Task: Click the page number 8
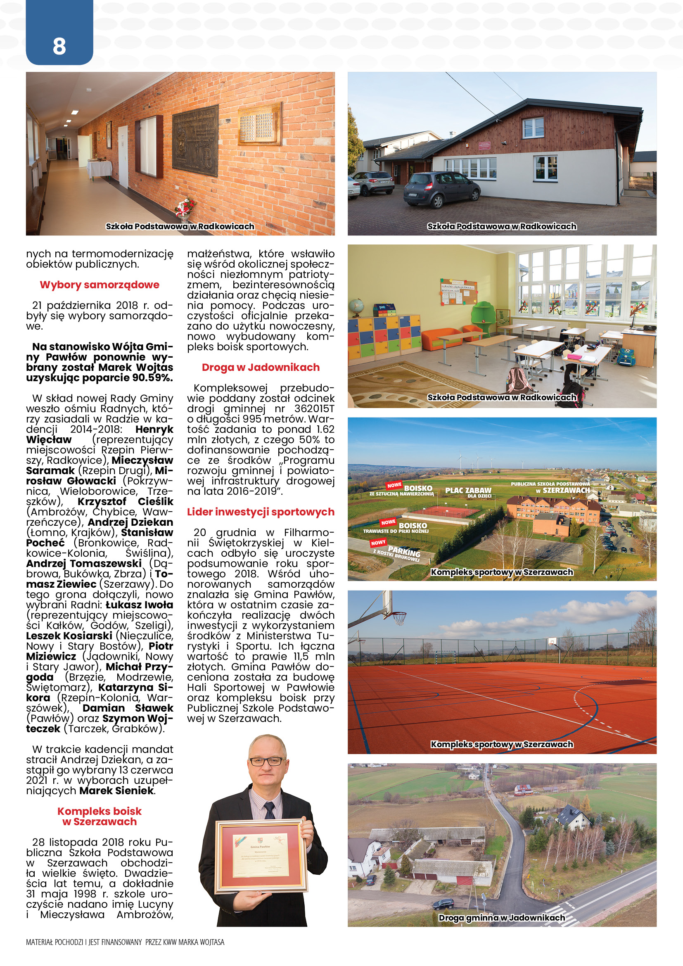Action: [x=59, y=46]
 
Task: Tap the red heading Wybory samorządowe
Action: [x=99, y=285]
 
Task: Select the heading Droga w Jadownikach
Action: [x=260, y=367]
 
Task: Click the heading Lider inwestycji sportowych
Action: [x=261, y=512]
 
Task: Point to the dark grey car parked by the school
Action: [x=441, y=189]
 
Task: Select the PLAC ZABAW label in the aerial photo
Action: [x=468, y=491]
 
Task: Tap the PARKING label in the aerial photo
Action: [x=404, y=551]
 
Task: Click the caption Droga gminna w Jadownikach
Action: [x=502, y=918]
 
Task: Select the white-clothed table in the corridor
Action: [x=99, y=169]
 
